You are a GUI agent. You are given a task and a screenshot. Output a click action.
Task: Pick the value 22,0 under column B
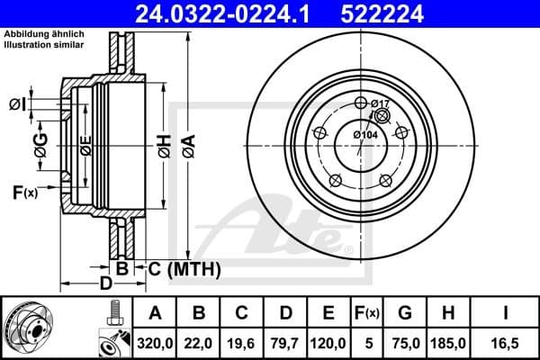[x=201, y=341]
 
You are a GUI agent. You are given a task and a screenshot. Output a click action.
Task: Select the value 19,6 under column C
[x=241, y=341]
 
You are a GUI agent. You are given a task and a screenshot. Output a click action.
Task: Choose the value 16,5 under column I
[x=505, y=341]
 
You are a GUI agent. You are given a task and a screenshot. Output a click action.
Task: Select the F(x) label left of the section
[x=24, y=192]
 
